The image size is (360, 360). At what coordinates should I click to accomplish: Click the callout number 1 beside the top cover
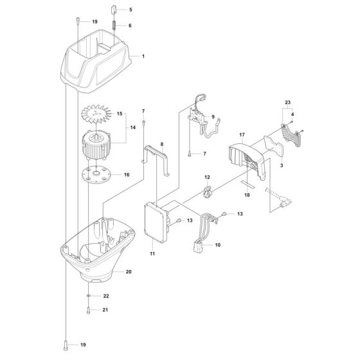point(143,57)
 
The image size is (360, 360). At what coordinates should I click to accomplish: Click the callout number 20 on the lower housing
point(129,273)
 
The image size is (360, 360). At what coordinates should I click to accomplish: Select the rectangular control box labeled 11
point(156,222)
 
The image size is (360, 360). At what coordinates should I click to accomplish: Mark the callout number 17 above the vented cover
point(243,134)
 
